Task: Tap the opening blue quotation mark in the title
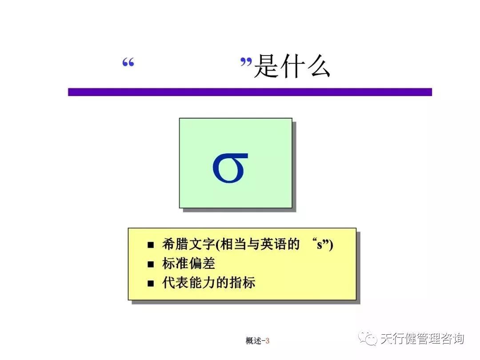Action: coord(128,63)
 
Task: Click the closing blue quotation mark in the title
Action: coord(246,63)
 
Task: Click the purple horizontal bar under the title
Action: coord(250,92)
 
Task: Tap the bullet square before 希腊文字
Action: coord(151,245)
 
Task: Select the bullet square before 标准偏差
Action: coord(151,264)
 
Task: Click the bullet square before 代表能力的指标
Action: coord(151,284)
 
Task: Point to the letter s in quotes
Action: coord(320,245)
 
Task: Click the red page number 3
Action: coord(268,341)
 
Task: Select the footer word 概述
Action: coord(253,341)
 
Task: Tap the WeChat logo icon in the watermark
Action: coord(368,339)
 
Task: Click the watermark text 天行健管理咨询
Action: coord(422,339)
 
